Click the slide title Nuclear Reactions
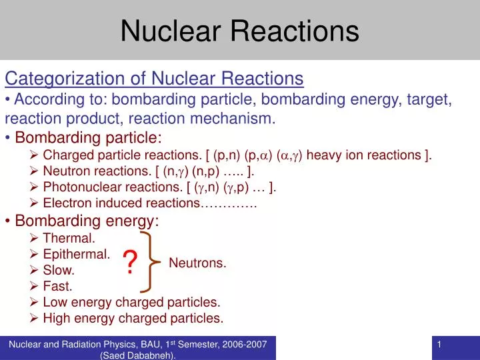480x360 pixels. pyautogui.click(x=240, y=31)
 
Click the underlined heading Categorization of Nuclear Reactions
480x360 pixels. pyautogui.click(x=154, y=79)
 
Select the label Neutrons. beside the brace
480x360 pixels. pyautogui.click(x=197, y=263)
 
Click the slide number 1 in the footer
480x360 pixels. pyautogui.click(x=440, y=344)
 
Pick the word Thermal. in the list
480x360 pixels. pyautogui.click(x=69, y=237)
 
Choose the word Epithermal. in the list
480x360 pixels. pyautogui.click(x=76, y=254)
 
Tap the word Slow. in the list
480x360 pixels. pyautogui.click(x=59, y=270)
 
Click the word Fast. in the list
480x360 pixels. pyautogui.click(x=57, y=287)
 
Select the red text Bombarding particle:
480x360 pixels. pyautogui.click(x=88, y=138)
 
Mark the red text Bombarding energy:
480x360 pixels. pyautogui.click(x=87, y=220)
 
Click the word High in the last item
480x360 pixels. pyautogui.click(x=56, y=319)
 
